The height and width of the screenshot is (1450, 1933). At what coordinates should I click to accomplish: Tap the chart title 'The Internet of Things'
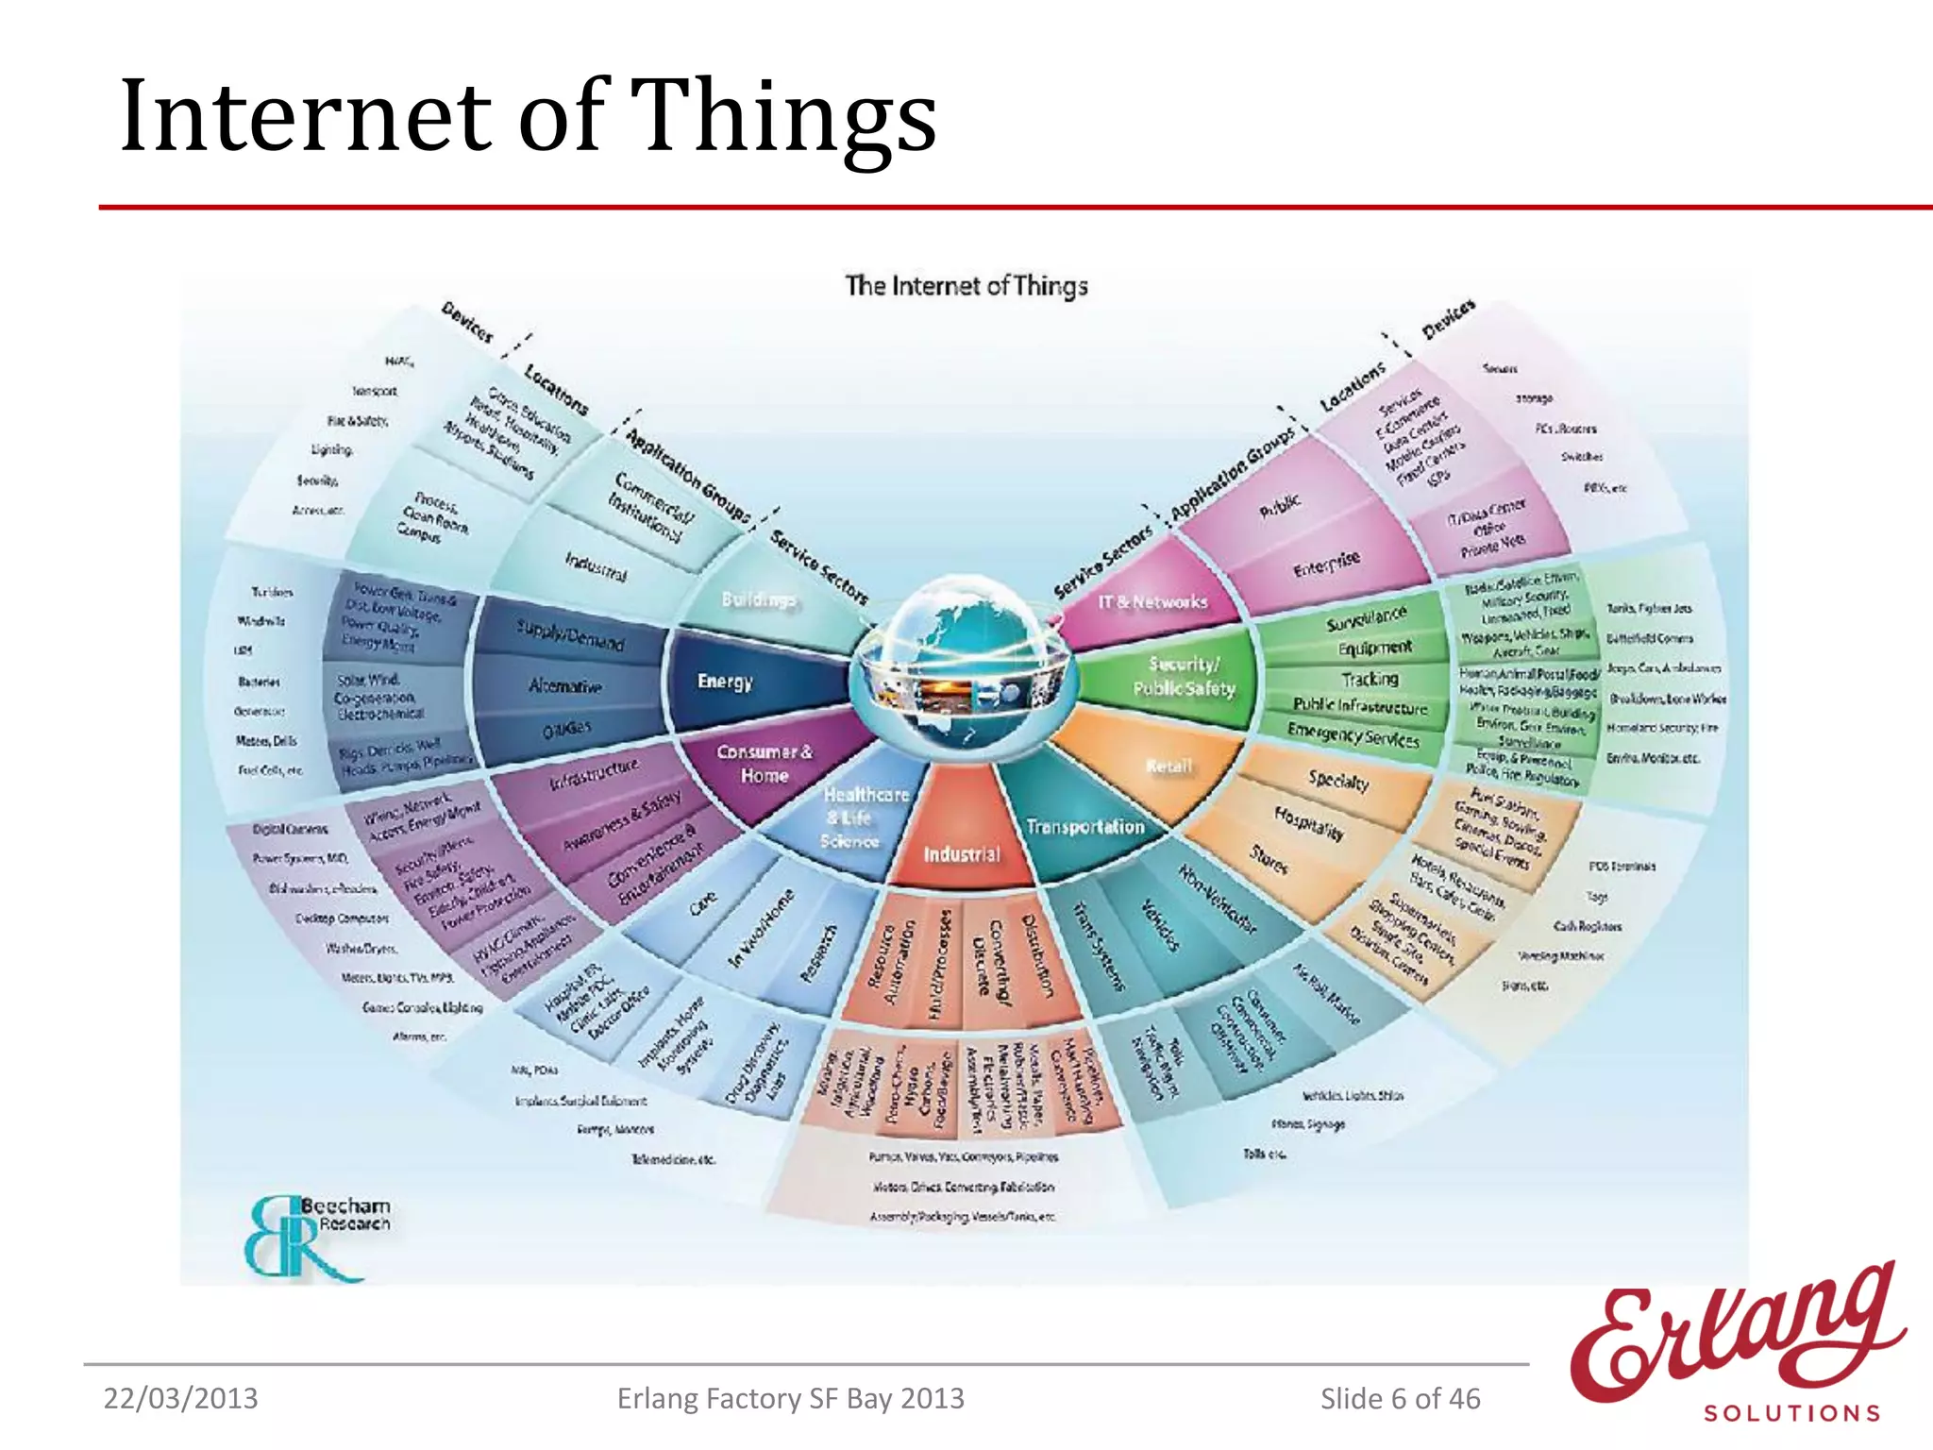966,285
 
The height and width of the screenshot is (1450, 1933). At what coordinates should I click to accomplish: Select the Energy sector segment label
725,681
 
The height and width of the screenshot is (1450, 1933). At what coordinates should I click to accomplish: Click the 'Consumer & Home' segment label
764,764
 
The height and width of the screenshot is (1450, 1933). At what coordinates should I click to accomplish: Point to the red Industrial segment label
961,854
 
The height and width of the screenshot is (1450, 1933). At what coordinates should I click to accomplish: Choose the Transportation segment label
1084,827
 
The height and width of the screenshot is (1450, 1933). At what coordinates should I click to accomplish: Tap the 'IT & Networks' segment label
1152,601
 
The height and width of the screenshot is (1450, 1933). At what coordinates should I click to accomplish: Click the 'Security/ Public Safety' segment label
1184,677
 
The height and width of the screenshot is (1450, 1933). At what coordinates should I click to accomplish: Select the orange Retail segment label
1168,767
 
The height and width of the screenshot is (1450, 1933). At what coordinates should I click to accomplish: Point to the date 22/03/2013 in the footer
180,1398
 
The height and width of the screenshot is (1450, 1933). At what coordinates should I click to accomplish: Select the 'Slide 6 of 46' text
1400,1398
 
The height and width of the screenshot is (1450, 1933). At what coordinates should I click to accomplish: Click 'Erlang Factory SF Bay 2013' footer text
790,1398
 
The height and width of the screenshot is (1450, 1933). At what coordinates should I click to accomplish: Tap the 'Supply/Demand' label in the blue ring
569,635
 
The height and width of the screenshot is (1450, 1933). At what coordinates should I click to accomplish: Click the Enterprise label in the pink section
1326,565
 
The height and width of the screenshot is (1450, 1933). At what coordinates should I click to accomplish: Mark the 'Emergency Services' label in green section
1353,734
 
